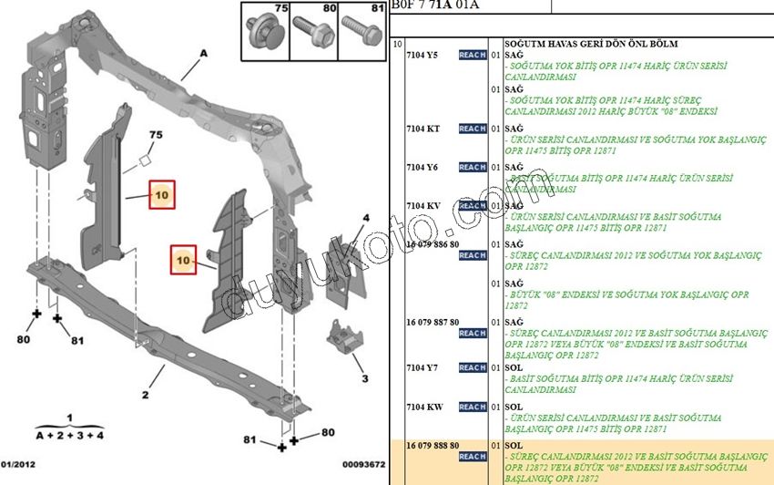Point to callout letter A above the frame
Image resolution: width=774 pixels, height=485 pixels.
click(203, 55)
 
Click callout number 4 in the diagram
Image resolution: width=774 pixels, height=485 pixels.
click(365, 218)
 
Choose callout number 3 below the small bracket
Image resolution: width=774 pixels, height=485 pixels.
click(364, 378)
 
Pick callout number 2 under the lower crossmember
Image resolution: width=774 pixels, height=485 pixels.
click(144, 395)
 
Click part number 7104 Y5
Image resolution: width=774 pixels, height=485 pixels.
click(422, 56)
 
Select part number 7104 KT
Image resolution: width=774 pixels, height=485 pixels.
click(423, 129)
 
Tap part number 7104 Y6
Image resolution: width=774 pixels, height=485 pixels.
click(422, 167)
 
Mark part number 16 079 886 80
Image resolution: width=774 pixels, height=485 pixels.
click(433, 244)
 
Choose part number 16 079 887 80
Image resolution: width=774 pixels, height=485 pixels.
click(433, 322)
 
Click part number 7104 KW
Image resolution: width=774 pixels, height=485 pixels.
click(423, 407)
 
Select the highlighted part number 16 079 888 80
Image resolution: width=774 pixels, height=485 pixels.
click(433, 445)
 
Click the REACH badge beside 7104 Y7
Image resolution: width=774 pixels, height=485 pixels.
click(473, 367)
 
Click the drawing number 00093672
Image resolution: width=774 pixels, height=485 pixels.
click(363, 465)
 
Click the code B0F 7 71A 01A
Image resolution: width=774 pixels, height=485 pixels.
click(436, 5)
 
